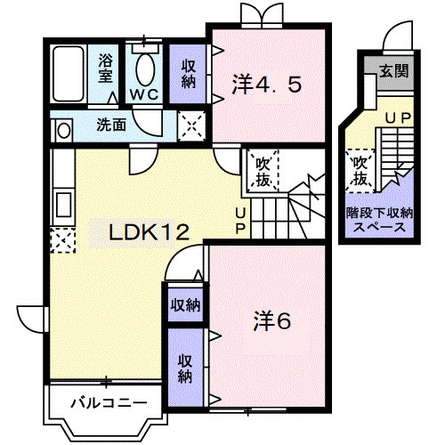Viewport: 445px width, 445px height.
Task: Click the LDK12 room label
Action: point(150,232)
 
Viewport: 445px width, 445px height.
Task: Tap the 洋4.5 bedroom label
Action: point(267,85)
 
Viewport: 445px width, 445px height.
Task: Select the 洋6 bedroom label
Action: point(272,321)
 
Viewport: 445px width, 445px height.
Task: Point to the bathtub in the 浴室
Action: point(68,74)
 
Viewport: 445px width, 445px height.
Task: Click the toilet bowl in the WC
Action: point(145,69)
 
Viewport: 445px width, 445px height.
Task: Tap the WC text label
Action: point(144,94)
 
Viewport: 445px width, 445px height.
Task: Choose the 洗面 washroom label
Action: point(111,125)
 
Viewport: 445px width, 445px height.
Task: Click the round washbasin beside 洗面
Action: point(64,131)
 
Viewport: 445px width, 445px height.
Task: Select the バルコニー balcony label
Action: point(109,402)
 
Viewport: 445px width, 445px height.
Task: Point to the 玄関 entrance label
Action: point(394,71)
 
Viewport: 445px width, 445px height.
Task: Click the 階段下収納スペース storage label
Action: point(380,220)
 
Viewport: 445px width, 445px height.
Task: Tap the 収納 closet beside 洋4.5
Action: point(188,74)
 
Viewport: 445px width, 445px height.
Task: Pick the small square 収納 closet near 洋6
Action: point(185,305)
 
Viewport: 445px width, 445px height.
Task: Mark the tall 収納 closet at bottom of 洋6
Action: point(185,368)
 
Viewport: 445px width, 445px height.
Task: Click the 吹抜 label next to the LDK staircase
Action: point(263,171)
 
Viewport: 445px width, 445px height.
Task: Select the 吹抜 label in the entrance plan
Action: point(360,171)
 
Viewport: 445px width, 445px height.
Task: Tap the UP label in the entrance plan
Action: point(398,118)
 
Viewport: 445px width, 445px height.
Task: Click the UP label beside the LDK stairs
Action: point(240,221)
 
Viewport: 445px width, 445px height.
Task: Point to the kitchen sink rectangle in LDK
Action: point(64,205)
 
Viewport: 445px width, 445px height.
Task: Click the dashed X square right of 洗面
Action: point(191,126)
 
